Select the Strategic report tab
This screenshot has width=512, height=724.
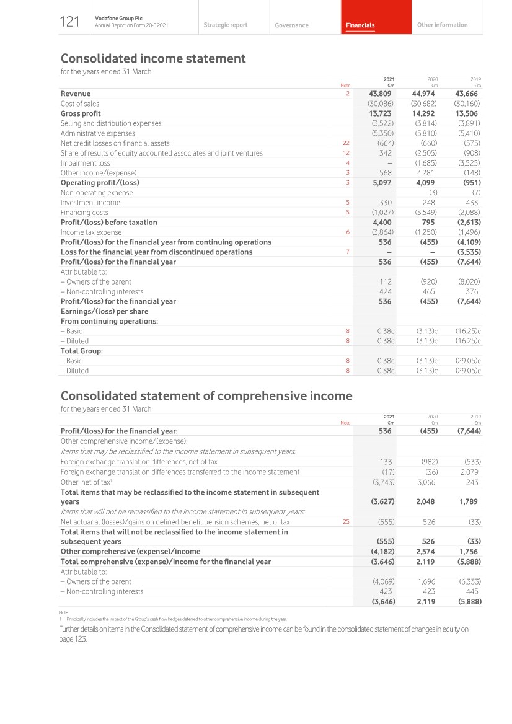point(225,25)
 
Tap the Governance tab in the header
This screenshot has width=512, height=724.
point(291,25)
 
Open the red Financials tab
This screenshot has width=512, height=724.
point(360,25)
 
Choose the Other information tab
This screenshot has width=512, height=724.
point(442,25)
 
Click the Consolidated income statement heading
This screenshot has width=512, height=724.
point(153,59)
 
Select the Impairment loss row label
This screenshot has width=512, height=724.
point(85,163)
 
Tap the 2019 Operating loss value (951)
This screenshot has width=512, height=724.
point(470,183)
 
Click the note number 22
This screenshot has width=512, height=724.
point(346,143)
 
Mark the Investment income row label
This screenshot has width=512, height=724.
point(90,203)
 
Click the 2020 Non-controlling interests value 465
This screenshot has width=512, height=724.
point(428,291)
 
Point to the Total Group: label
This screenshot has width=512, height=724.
point(81,351)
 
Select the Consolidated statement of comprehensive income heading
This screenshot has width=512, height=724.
point(206,396)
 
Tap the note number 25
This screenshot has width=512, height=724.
point(346,522)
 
